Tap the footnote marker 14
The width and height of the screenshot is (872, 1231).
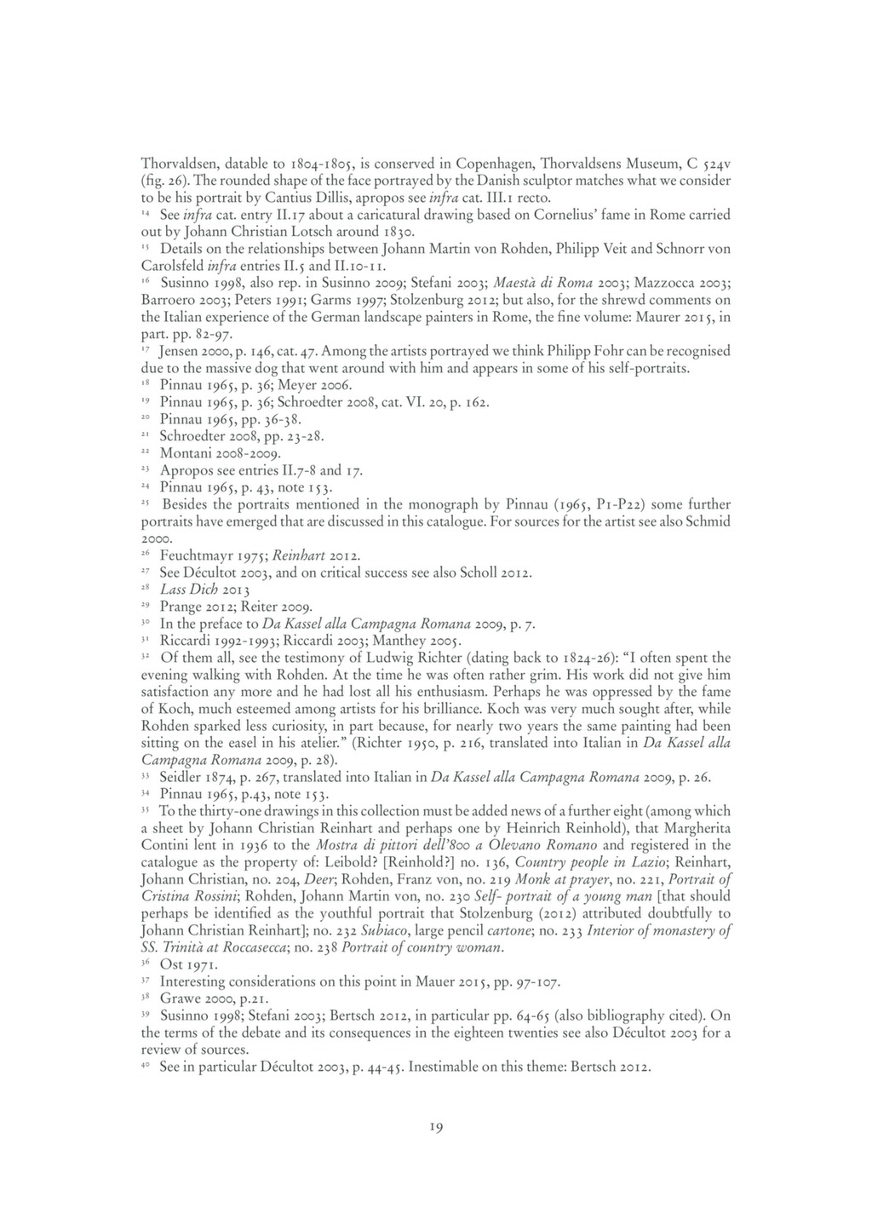coord(146,212)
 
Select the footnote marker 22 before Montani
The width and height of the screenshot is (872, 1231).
coord(146,451)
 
